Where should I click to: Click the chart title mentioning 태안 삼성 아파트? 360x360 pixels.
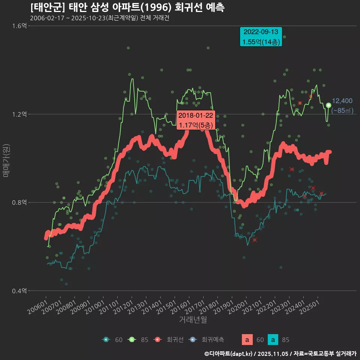[127, 7]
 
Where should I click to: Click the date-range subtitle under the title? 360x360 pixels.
[99, 18]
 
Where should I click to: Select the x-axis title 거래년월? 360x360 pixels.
[193, 319]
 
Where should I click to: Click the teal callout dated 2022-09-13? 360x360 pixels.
[261, 37]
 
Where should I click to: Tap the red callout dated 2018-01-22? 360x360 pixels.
[196, 120]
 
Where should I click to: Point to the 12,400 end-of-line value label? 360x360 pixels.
[342, 100]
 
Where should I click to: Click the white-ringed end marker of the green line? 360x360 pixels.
[328, 105]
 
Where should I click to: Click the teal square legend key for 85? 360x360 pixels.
[274, 340]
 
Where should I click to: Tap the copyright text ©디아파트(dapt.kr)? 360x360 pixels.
[229, 353]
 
